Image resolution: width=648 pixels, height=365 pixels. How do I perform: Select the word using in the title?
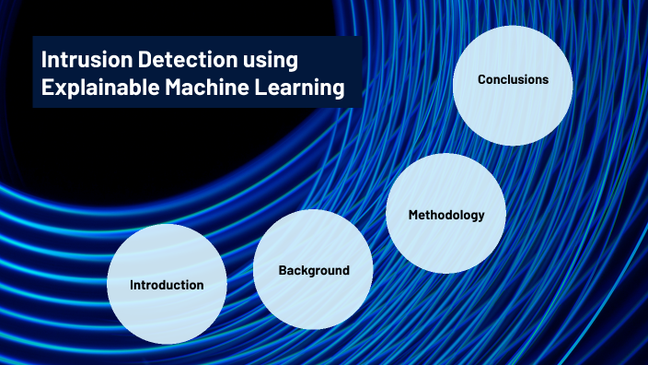(272, 63)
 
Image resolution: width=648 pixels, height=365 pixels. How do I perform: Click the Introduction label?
(167, 285)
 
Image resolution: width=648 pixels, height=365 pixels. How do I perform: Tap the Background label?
(314, 270)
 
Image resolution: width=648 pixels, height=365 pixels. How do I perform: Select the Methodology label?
(446, 215)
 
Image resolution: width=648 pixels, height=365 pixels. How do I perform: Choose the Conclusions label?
(513, 79)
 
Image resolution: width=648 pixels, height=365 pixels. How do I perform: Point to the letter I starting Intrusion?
(44, 61)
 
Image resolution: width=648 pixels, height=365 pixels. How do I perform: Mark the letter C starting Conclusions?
(481, 79)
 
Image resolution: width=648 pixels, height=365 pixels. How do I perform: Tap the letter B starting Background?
(283, 270)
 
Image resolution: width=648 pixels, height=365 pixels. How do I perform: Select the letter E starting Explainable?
(47, 88)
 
